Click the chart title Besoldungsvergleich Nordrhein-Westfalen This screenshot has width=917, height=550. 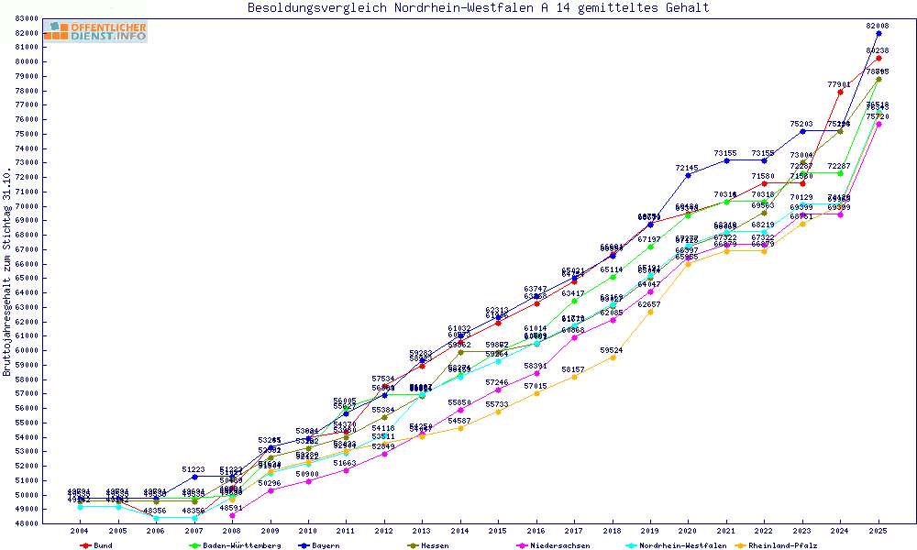click(x=478, y=8)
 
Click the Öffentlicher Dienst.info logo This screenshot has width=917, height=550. click(x=95, y=31)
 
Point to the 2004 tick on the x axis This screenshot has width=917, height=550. click(x=80, y=531)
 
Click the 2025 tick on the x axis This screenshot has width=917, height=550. click(x=878, y=531)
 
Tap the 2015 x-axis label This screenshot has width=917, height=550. click(x=498, y=531)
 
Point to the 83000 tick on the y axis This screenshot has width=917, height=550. click(x=26, y=18)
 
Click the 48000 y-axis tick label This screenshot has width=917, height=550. click(x=26, y=523)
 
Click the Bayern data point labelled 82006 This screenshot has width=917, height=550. click(x=878, y=33)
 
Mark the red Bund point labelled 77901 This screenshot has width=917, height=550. click(x=840, y=92)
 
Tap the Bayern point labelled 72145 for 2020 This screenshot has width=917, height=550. click(x=688, y=175)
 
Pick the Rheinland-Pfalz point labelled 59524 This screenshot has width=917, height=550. click(x=613, y=357)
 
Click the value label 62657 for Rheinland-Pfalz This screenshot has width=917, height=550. click(x=650, y=303)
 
